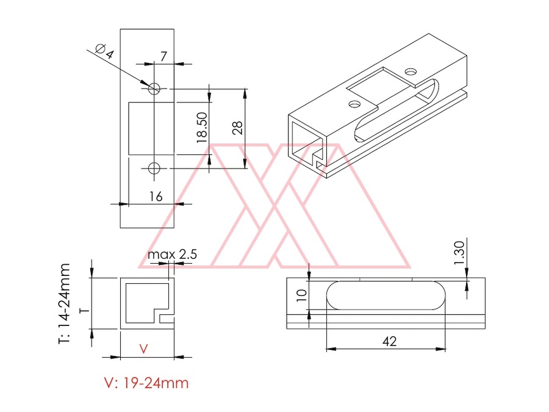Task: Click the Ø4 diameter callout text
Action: click(105, 51)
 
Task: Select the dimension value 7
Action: click(163, 56)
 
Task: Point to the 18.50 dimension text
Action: click(203, 128)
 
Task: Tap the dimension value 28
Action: click(237, 128)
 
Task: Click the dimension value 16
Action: click(156, 197)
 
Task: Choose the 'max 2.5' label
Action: click(172, 254)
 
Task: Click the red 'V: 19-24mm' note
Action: click(146, 383)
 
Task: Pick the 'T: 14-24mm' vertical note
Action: click(65, 304)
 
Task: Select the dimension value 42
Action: click(389, 341)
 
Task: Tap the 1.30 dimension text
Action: click(459, 253)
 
